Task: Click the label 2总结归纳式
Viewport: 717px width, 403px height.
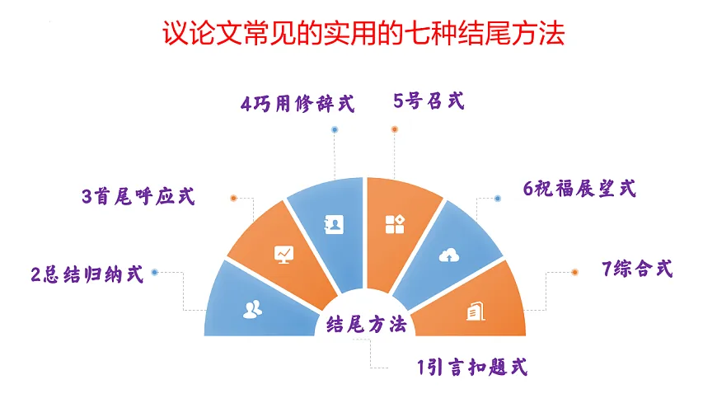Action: (x=87, y=274)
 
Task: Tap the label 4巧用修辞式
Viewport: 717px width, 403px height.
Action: (x=297, y=105)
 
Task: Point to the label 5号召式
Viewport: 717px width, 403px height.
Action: (x=429, y=102)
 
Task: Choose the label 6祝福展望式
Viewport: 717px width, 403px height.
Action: (x=579, y=189)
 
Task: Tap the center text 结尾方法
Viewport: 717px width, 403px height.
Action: (x=367, y=325)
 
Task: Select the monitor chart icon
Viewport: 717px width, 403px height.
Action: (x=284, y=253)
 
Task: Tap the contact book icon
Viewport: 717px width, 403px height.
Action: (x=333, y=223)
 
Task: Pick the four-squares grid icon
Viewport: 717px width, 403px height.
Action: (x=394, y=223)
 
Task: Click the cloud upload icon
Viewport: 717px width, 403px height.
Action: (x=448, y=255)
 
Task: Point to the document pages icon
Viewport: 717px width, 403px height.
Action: (x=475, y=312)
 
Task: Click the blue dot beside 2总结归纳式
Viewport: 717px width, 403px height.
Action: (x=155, y=271)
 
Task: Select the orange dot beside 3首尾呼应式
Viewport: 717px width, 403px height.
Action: (x=234, y=198)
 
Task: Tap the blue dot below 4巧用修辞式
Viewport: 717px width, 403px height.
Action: (x=334, y=129)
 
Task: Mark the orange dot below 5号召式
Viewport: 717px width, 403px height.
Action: (x=394, y=129)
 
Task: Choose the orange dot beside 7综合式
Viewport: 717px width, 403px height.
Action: (x=574, y=271)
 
